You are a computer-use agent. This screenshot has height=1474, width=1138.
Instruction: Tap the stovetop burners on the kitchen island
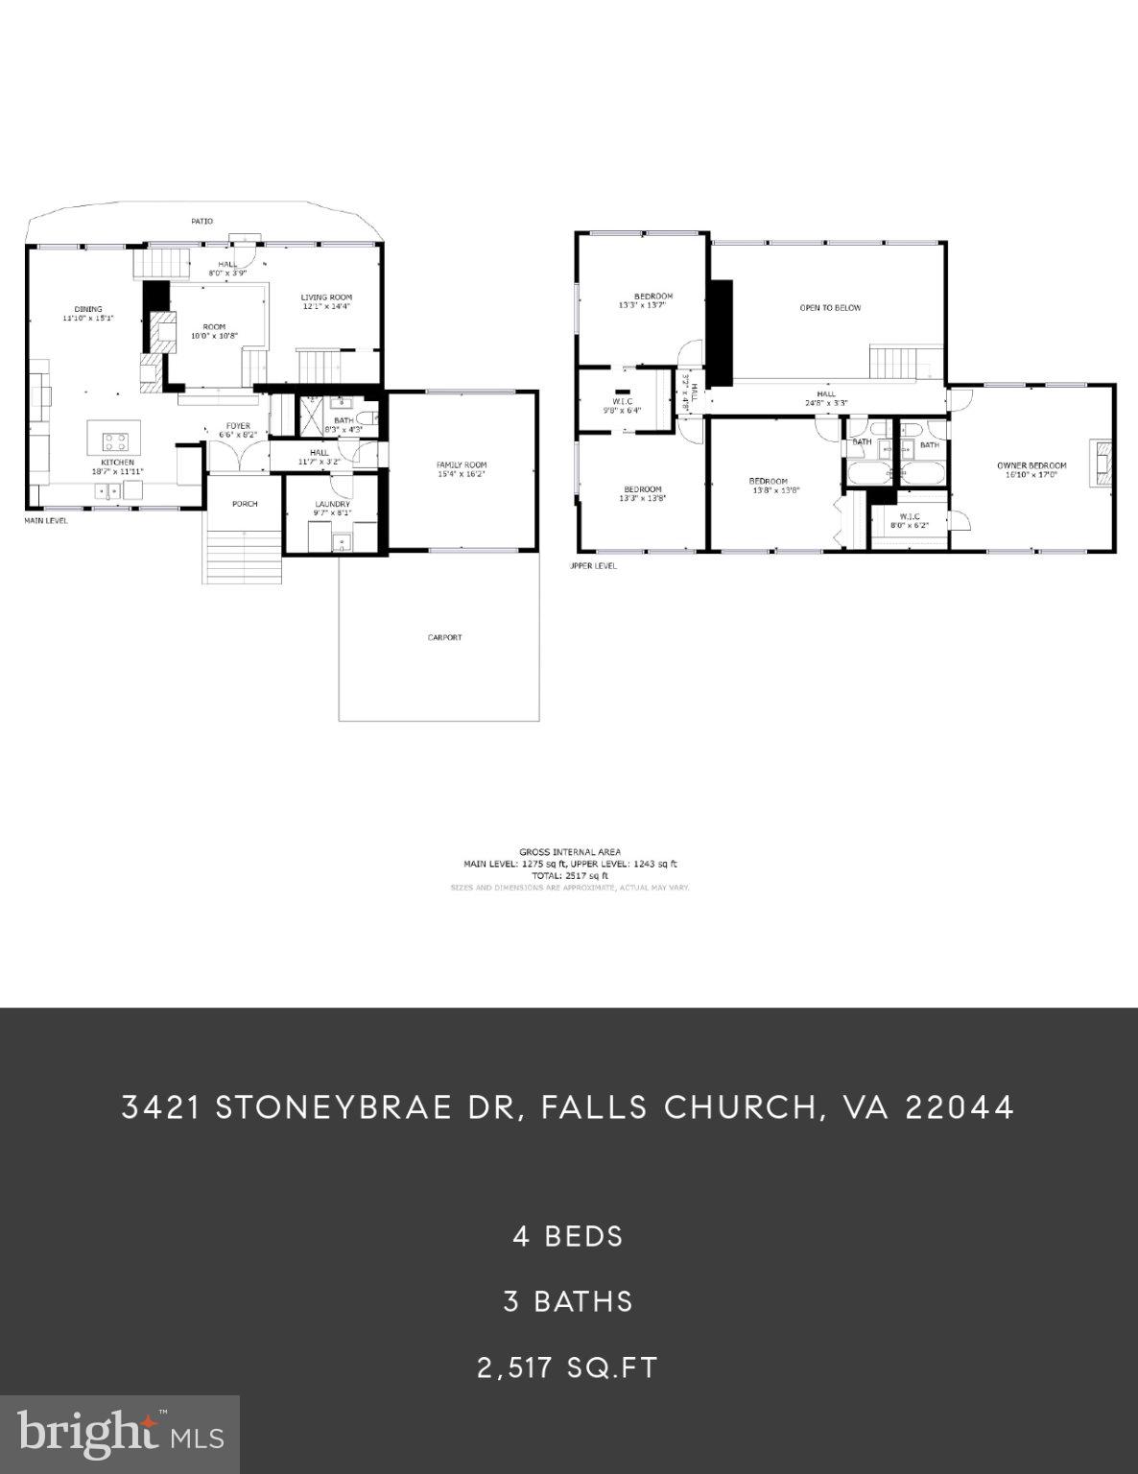(115, 441)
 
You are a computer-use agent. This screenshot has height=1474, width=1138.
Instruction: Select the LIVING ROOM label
(326, 297)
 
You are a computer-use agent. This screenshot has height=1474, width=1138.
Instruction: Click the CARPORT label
(444, 637)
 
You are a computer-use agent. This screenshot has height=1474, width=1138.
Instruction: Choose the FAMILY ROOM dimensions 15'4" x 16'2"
(462, 474)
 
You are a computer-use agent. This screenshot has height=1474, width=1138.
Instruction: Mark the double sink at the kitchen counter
(107, 491)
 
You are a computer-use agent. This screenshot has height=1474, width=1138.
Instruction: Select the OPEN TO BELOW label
(830, 308)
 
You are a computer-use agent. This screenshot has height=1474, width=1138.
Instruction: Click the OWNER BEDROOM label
(1031, 465)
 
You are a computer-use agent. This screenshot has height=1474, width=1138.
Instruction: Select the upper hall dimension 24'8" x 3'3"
(826, 403)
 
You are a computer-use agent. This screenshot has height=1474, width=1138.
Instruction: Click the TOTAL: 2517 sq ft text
(570, 875)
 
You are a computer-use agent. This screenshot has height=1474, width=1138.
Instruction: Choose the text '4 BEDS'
(568, 1236)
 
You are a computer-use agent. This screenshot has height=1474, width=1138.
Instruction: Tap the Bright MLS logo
(120, 1435)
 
